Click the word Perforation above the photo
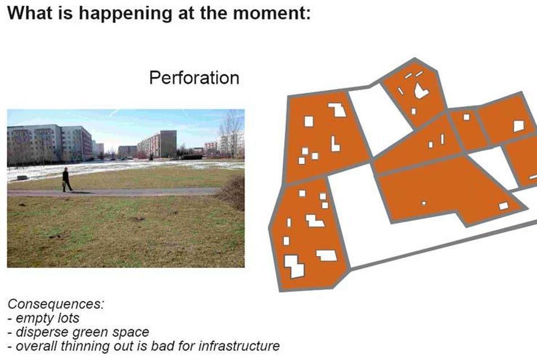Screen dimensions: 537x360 [194, 78]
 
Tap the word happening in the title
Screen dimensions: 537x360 [125, 14]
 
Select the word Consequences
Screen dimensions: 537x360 [56, 304]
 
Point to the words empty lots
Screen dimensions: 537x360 [47, 318]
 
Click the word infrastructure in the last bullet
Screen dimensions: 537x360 [239, 346]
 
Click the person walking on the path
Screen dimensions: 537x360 [67, 179]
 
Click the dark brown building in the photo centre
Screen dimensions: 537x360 [168, 144]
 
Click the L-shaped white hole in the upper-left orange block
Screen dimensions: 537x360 [335, 144]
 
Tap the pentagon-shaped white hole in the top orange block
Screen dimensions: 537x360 [421, 90]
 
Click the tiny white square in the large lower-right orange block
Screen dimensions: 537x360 [424, 203]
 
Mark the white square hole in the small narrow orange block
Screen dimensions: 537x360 [466, 117]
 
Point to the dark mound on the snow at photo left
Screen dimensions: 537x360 [22, 178]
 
